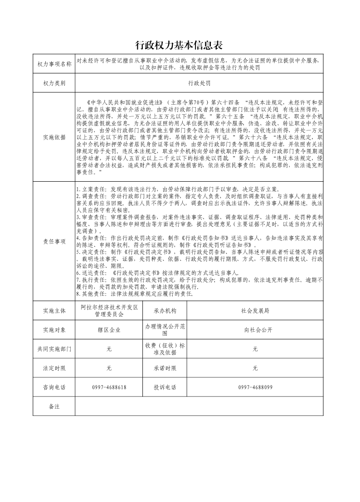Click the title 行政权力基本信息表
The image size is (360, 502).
[180, 45]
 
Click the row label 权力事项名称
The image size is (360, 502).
[54, 64]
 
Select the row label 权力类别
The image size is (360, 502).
[54, 83]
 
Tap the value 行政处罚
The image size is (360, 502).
[199, 83]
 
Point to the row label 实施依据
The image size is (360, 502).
[54, 138]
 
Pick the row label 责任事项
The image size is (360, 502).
[54, 241]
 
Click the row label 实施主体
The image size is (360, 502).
[54, 311]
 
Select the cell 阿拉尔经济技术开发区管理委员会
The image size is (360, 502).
[109, 311]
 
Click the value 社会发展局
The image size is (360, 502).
[255, 311]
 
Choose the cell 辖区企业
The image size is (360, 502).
[109, 330]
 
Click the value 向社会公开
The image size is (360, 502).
[255, 330]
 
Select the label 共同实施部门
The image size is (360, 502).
[54, 349]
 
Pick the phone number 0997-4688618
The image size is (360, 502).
[109, 387]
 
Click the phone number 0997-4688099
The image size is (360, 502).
[255, 387]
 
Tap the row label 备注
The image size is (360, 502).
[54, 406]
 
